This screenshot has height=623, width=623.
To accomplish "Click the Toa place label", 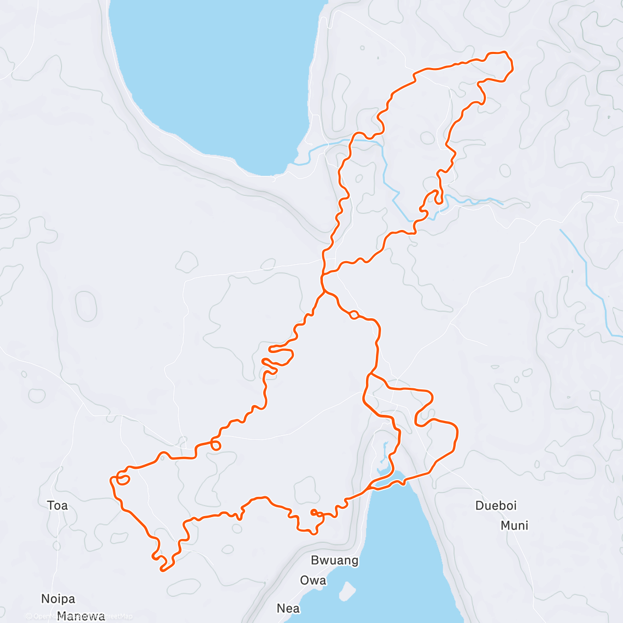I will click(x=57, y=505).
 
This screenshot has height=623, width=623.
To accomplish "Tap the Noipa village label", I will click(x=58, y=599).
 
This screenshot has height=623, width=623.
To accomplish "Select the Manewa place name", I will click(x=80, y=616).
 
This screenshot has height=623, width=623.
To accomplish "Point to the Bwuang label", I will click(x=334, y=560).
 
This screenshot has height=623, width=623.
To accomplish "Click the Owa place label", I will click(x=313, y=580).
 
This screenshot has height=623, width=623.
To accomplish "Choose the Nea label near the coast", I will click(x=288, y=608).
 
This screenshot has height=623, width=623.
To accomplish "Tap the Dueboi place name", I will click(x=496, y=505).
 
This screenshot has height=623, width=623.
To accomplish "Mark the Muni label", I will click(x=514, y=525).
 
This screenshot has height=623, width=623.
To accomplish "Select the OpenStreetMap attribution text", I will click(x=78, y=616).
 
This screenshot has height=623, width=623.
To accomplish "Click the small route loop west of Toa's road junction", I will click(x=123, y=479).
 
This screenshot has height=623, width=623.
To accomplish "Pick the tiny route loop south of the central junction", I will click(x=354, y=314).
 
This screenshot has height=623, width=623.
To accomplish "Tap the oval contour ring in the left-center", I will click(x=86, y=305).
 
